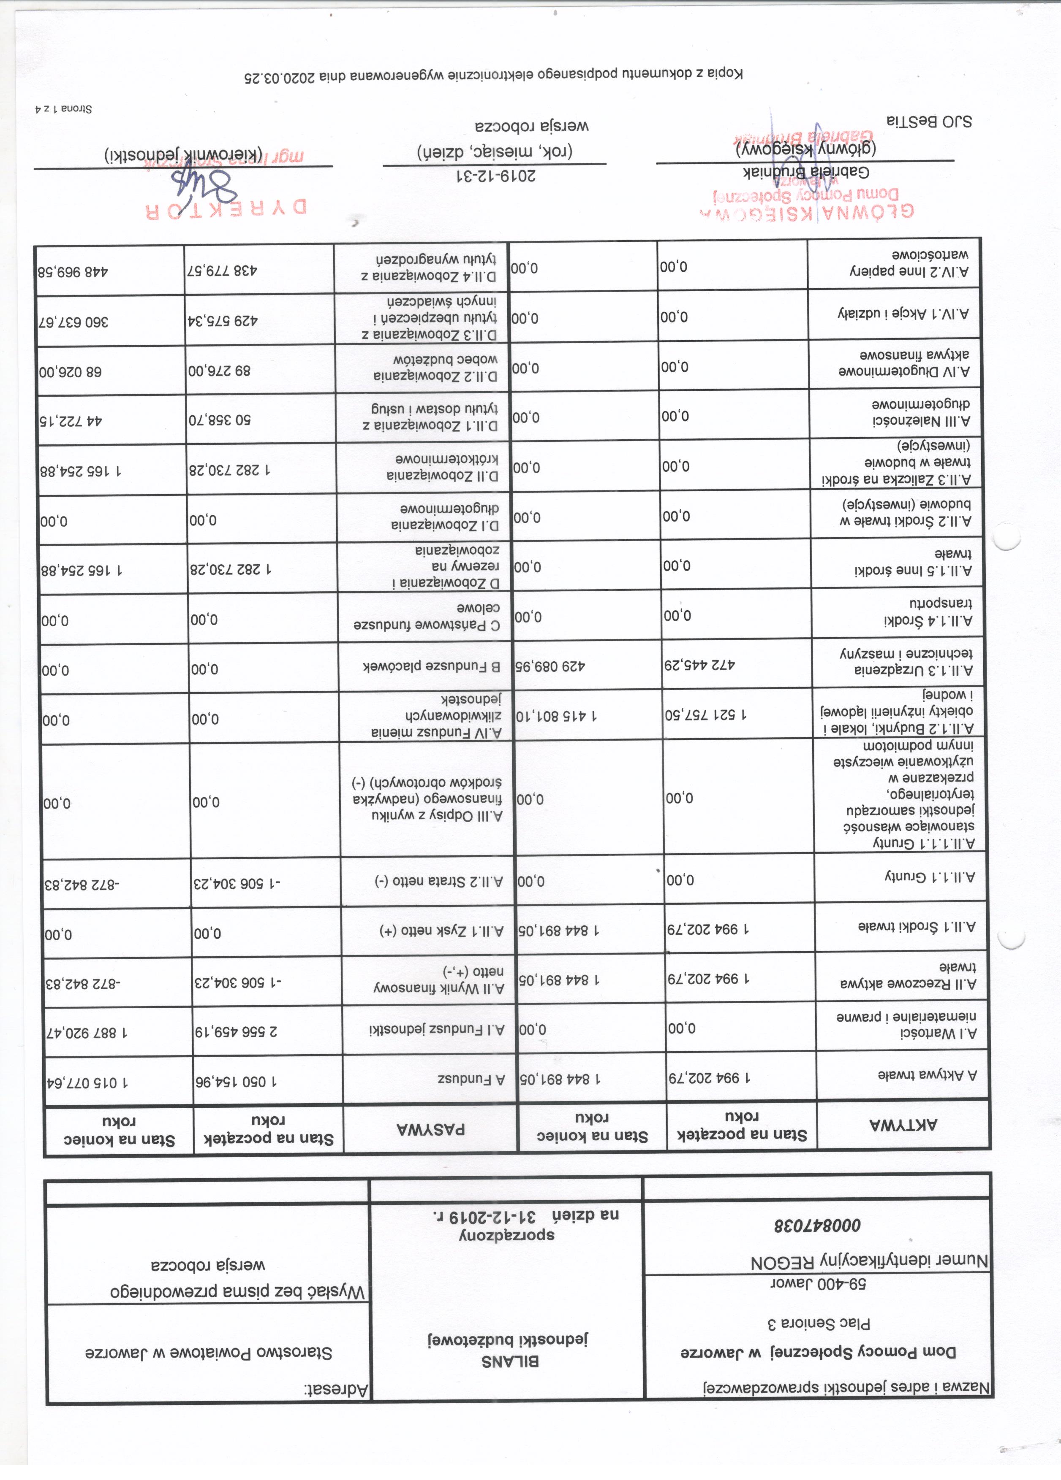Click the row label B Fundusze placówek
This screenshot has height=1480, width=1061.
click(x=431, y=667)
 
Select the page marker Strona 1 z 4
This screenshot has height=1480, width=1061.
click(x=63, y=108)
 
